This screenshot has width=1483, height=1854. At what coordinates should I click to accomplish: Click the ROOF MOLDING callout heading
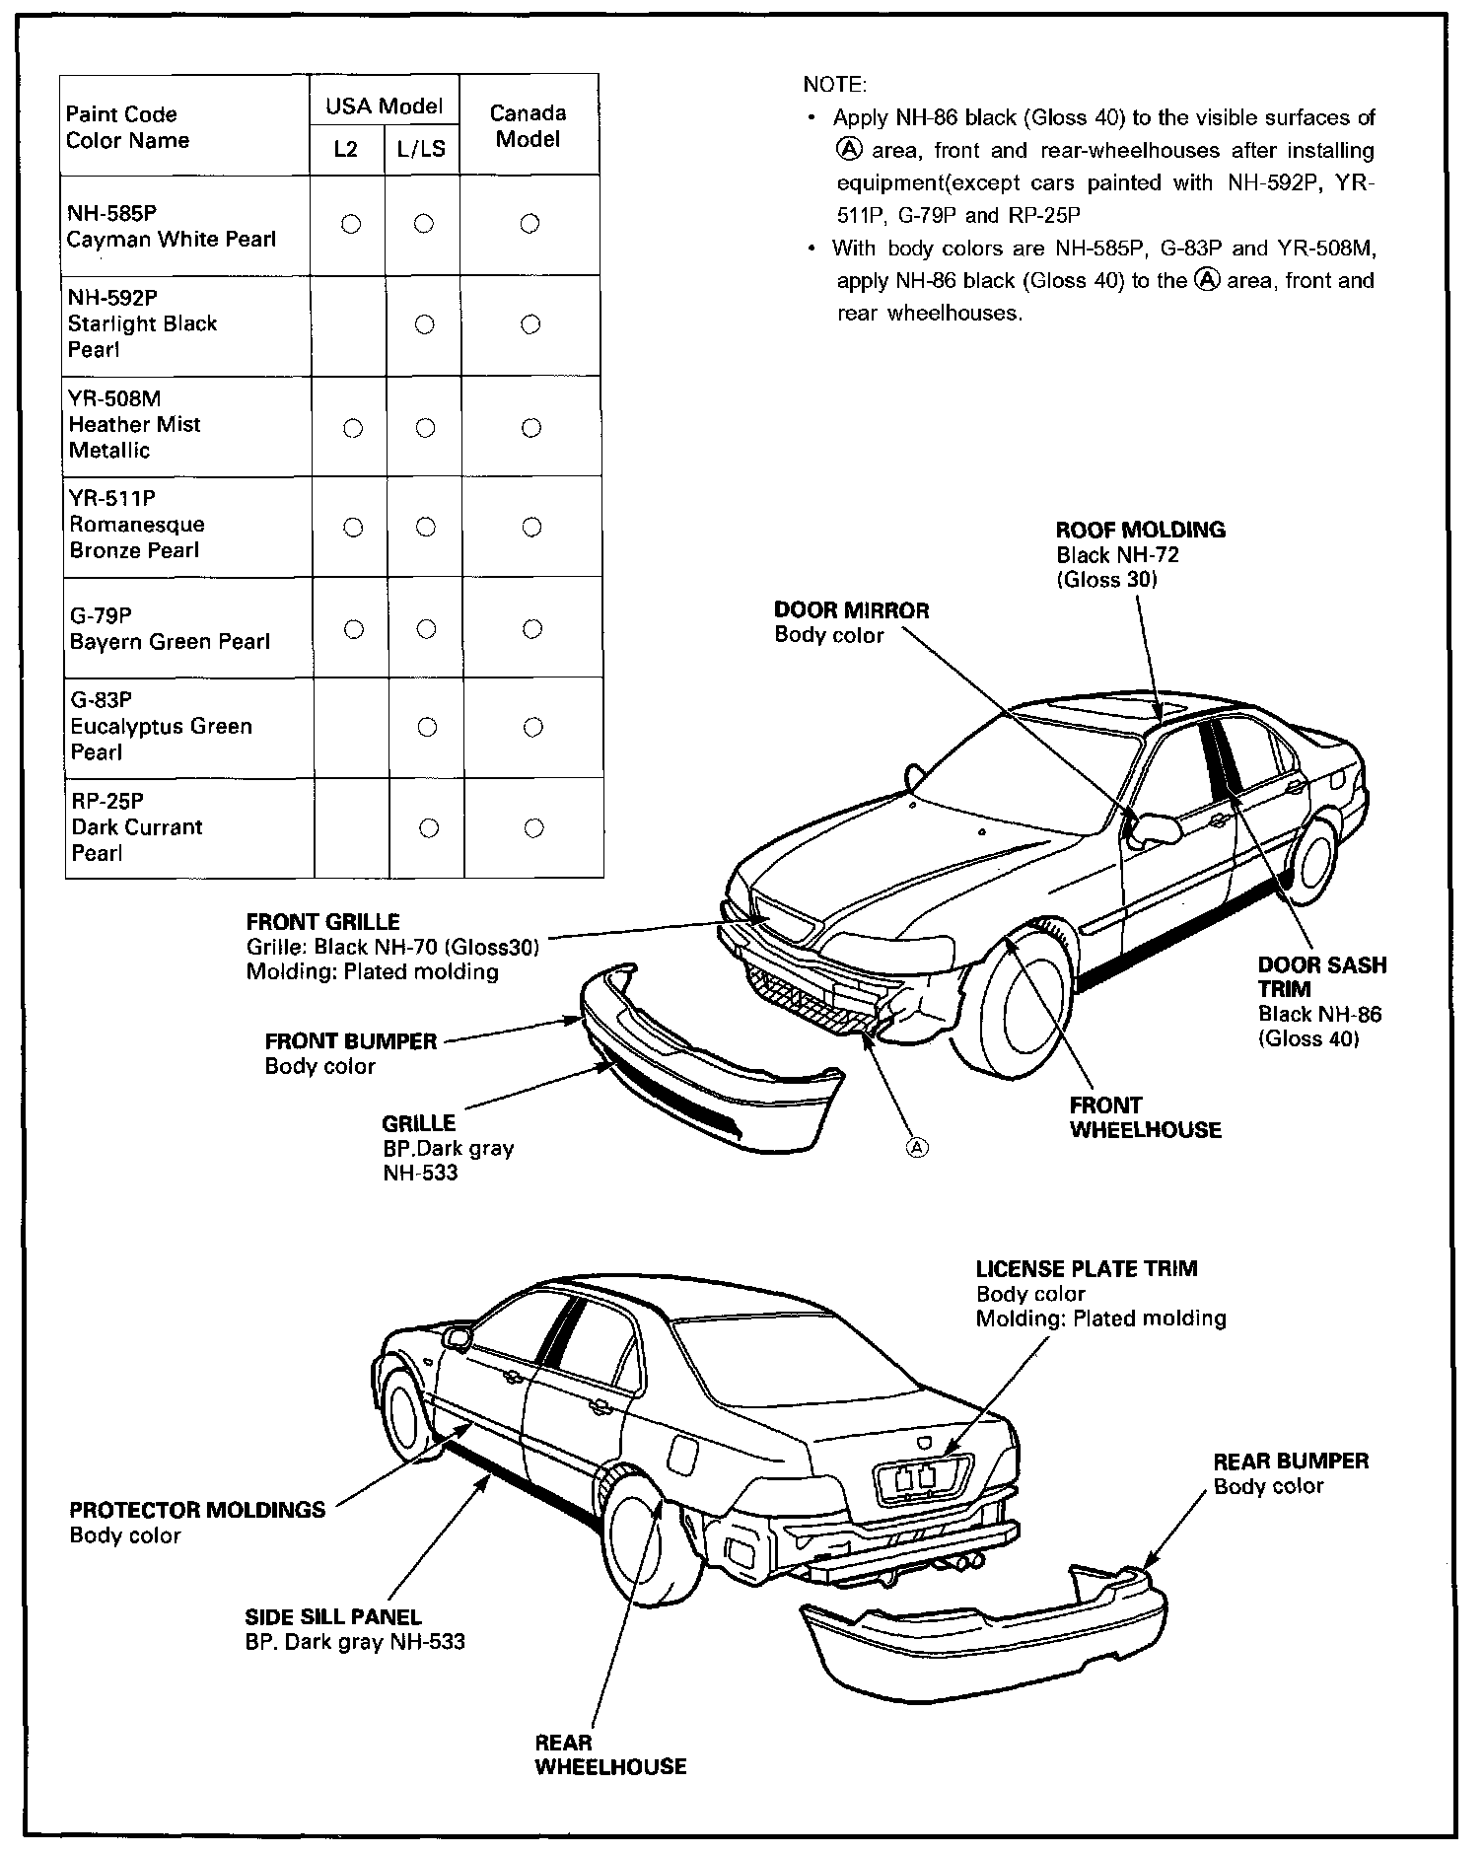(1140, 530)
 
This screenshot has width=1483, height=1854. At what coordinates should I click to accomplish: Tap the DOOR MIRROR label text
(851, 610)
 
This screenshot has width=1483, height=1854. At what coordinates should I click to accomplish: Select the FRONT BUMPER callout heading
(350, 1041)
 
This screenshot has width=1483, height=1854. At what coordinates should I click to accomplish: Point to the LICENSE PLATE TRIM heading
(1086, 1269)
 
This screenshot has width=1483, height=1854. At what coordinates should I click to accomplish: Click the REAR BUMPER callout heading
(1290, 1462)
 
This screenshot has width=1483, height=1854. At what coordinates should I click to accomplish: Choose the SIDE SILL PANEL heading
(332, 1617)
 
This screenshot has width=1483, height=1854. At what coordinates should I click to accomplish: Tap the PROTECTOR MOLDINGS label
(196, 1510)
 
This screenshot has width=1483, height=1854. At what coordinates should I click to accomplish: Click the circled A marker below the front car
(917, 1147)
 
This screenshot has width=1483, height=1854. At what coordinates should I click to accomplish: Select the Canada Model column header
(529, 125)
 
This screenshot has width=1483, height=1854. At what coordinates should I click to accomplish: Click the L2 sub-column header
(346, 149)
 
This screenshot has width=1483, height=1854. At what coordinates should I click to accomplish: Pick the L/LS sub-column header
(421, 149)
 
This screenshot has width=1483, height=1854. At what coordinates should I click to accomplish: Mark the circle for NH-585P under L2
(350, 224)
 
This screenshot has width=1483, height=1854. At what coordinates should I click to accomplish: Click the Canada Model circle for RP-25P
(533, 827)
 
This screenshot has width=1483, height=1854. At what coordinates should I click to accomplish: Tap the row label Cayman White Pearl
(171, 240)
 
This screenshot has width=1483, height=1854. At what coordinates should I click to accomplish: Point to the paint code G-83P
(101, 700)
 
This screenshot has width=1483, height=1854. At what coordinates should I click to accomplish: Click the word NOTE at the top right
(834, 85)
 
